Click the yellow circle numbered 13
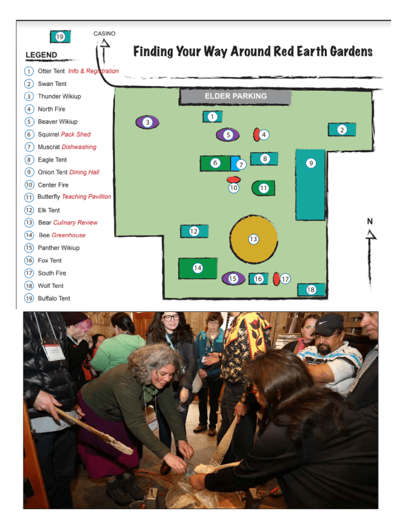253,239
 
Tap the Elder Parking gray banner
235,96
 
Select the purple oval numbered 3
147,123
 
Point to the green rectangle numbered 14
197,268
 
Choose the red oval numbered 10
233,180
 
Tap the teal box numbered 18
311,289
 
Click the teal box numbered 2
341,129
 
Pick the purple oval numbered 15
233,278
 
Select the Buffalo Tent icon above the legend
60,37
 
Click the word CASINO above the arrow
104,34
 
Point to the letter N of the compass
370,221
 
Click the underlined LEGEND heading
41,55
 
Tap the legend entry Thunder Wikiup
59,96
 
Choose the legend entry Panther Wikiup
59,248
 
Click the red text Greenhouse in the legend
69,235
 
